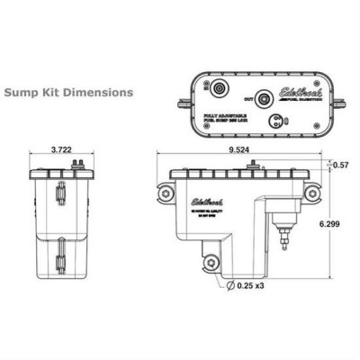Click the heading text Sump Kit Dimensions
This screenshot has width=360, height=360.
click(69, 92)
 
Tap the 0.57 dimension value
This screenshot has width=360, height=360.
click(340, 165)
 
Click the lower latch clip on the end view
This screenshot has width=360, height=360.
click(59, 262)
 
